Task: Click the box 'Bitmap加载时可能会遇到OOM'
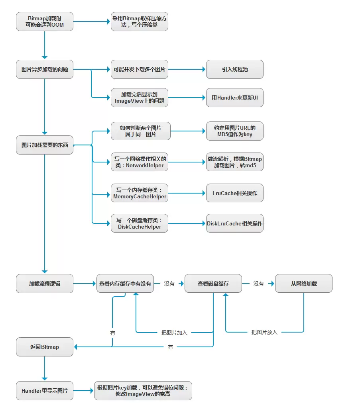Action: pos(45,22)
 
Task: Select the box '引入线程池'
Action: pos(235,69)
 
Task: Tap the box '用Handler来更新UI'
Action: pos(235,98)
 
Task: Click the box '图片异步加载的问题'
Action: pos(45,69)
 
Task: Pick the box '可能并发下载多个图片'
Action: pos(140,69)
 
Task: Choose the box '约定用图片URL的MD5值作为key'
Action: pos(235,131)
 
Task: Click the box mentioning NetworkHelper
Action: pos(140,162)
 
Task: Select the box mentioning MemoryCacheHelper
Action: pos(140,193)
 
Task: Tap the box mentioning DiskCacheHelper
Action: pos(140,223)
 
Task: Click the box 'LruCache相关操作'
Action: pos(235,193)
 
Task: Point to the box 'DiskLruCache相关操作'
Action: pos(235,223)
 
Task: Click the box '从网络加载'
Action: pos(304,284)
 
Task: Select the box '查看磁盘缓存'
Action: pos(213,284)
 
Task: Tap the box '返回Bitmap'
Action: pos(45,347)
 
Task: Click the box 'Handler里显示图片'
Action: pos(45,391)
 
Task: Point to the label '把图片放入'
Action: pos(264,332)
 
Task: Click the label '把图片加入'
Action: pos(174,333)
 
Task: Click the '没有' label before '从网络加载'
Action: pos(258,284)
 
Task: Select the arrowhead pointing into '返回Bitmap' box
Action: pos(76,347)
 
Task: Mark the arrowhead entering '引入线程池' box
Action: pos(204,69)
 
